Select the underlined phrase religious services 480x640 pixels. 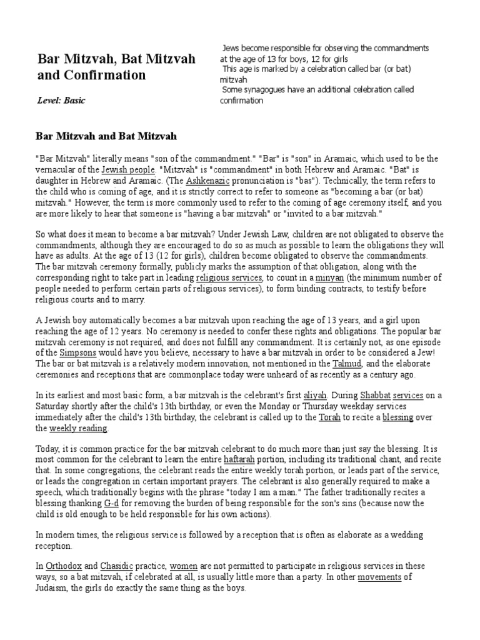(x=226, y=277)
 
